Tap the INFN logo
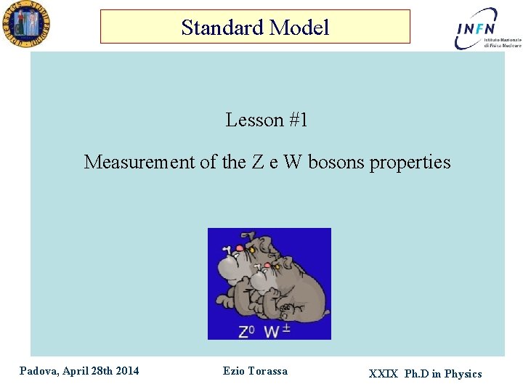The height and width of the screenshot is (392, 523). (x=477, y=29)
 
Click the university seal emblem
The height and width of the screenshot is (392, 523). (x=25, y=24)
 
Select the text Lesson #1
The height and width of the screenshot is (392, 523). (x=267, y=120)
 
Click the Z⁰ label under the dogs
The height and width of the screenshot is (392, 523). (x=247, y=332)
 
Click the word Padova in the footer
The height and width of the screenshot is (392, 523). (x=39, y=371)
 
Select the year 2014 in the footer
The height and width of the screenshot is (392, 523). (x=126, y=371)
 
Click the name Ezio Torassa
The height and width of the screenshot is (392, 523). (x=255, y=371)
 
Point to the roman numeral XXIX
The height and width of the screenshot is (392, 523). (x=383, y=374)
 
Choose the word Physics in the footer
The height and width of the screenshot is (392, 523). (x=463, y=374)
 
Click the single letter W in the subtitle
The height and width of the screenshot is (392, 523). (x=292, y=162)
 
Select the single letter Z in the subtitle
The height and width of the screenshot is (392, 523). (x=258, y=162)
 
